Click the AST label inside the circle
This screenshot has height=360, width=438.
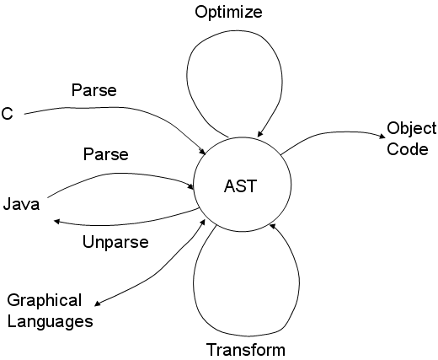[240, 186]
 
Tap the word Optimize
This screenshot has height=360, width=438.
[228, 13]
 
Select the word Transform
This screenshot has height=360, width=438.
[246, 350]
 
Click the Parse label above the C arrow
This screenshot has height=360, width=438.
[94, 90]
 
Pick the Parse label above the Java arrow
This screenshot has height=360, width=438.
[106, 154]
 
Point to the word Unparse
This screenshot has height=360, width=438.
[115, 242]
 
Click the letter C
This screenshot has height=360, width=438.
[7, 114]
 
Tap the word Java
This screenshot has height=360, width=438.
[21, 204]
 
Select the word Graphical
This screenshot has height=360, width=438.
[45, 301]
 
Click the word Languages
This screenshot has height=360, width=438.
[50, 321]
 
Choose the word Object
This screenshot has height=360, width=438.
[412, 129]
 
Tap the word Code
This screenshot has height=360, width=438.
[408, 149]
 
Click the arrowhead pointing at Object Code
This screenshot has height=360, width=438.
[382, 136]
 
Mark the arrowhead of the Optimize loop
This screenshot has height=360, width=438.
[260, 134]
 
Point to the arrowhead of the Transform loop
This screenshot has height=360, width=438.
[272, 226]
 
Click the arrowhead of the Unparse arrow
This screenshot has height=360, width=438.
[56, 222]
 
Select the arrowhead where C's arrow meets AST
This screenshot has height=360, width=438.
[203, 152]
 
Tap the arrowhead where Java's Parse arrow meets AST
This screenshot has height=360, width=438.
[190, 186]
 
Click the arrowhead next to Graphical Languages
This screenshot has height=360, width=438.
[97, 304]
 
